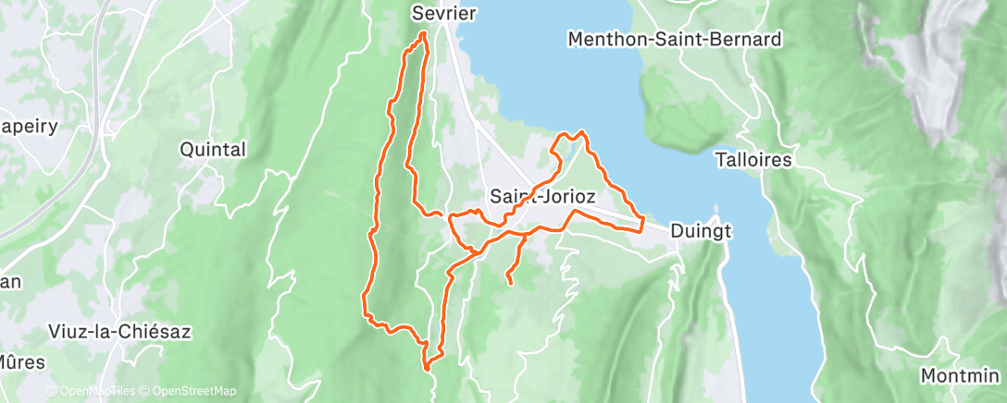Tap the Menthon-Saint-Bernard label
[x=676, y=40]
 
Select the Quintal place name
[x=213, y=150]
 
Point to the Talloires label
[x=753, y=160]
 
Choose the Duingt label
[x=701, y=231]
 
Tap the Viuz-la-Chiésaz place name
[x=119, y=332]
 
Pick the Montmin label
[x=963, y=376]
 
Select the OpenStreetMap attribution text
[x=190, y=392]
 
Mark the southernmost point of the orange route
[x=427, y=369]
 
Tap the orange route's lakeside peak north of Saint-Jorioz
[x=581, y=132]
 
